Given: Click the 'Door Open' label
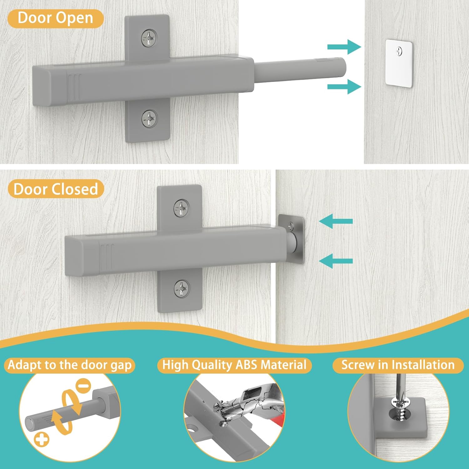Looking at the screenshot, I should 55,18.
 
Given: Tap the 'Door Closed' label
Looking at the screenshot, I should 56,189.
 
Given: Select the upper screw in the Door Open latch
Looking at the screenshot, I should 149,38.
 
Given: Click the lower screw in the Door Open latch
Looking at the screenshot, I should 149,119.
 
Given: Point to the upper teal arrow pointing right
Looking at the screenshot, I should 344,47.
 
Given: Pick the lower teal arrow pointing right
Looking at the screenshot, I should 344,87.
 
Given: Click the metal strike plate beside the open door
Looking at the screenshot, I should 399,63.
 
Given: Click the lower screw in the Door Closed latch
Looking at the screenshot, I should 182,289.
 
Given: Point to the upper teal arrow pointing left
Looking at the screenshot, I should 336,221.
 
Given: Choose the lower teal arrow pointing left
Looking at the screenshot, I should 336,261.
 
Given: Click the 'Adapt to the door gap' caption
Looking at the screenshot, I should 69,365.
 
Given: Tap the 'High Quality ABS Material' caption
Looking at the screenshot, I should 234,365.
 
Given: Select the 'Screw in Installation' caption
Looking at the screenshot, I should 398,365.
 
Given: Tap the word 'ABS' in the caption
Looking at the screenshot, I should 247,365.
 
